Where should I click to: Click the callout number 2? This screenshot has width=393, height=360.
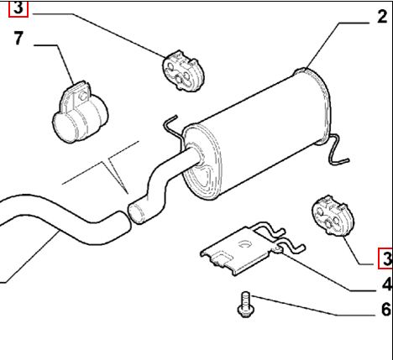(x=382, y=17)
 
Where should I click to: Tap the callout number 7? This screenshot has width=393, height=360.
(x=18, y=39)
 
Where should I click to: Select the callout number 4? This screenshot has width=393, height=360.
(x=387, y=285)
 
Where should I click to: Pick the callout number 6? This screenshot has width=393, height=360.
(x=386, y=310)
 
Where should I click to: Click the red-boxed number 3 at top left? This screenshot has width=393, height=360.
(x=18, y=8)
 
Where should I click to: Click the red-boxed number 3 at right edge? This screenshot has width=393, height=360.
(x=385, y=258)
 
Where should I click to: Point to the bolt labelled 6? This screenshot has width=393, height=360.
(x=245, y=305)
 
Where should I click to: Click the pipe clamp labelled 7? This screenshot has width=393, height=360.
(x=80, y=112)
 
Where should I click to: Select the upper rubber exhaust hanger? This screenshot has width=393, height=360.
(x=183, y=71)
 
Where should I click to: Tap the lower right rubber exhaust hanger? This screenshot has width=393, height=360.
(x=333, y=216)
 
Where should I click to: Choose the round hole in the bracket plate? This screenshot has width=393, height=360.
(x=245, y=244)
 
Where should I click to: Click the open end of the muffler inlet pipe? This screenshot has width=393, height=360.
(x=135, y=213)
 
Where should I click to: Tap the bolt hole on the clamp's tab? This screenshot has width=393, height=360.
(x=82, y=97)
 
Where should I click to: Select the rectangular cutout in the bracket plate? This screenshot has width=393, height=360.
(x=222, y=257)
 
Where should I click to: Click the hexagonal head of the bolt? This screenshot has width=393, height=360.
(x=245, y=312)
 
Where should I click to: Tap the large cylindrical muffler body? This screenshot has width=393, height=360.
(x=256, y=133)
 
